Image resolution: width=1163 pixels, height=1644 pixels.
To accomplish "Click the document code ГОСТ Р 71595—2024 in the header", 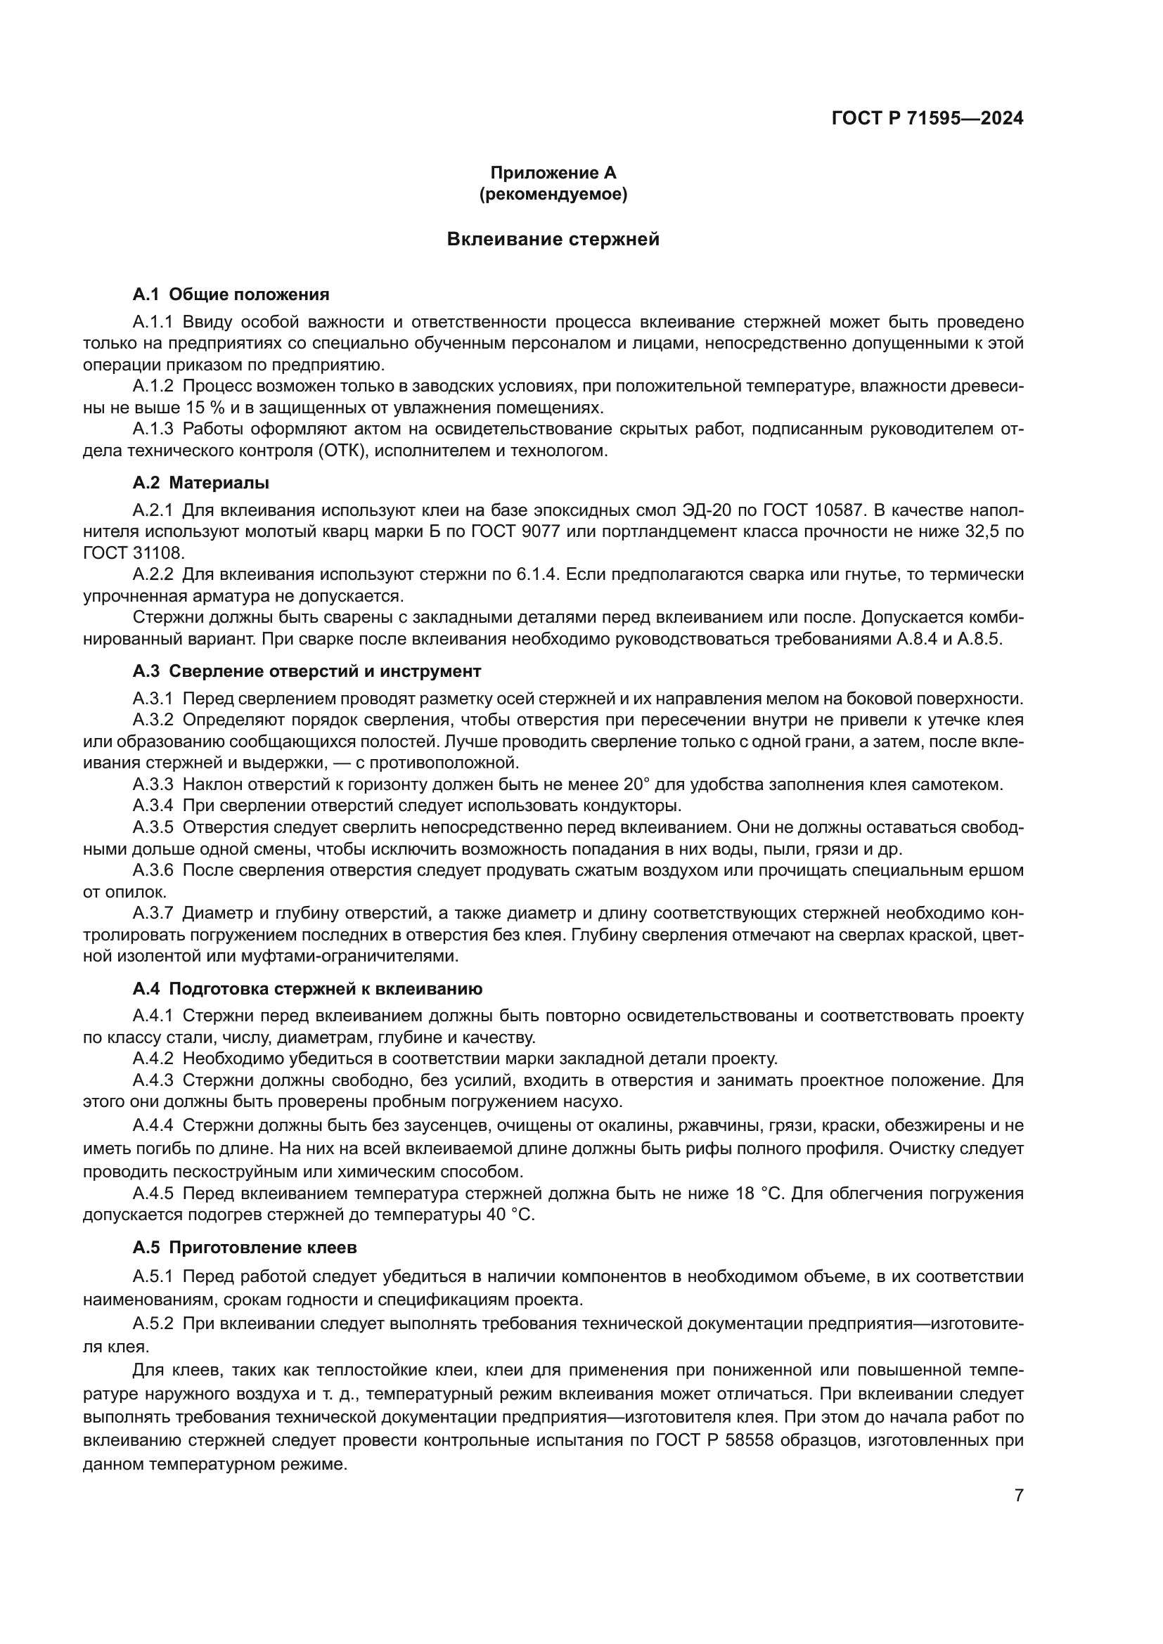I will point(927,119).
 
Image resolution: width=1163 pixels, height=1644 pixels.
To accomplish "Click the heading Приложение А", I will point(553,173).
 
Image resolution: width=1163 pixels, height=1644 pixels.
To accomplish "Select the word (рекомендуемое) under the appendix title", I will point(553,194).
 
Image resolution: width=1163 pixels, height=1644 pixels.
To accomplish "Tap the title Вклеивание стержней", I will point(553,239).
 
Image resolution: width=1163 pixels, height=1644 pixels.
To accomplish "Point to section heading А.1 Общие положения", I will point(231,295).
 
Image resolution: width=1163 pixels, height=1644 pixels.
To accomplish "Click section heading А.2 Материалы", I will point(200,483).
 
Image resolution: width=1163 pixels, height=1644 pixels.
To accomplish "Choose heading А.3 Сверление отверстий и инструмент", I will point(307,671).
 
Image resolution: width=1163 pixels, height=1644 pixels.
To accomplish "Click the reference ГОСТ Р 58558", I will point(714,1441).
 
